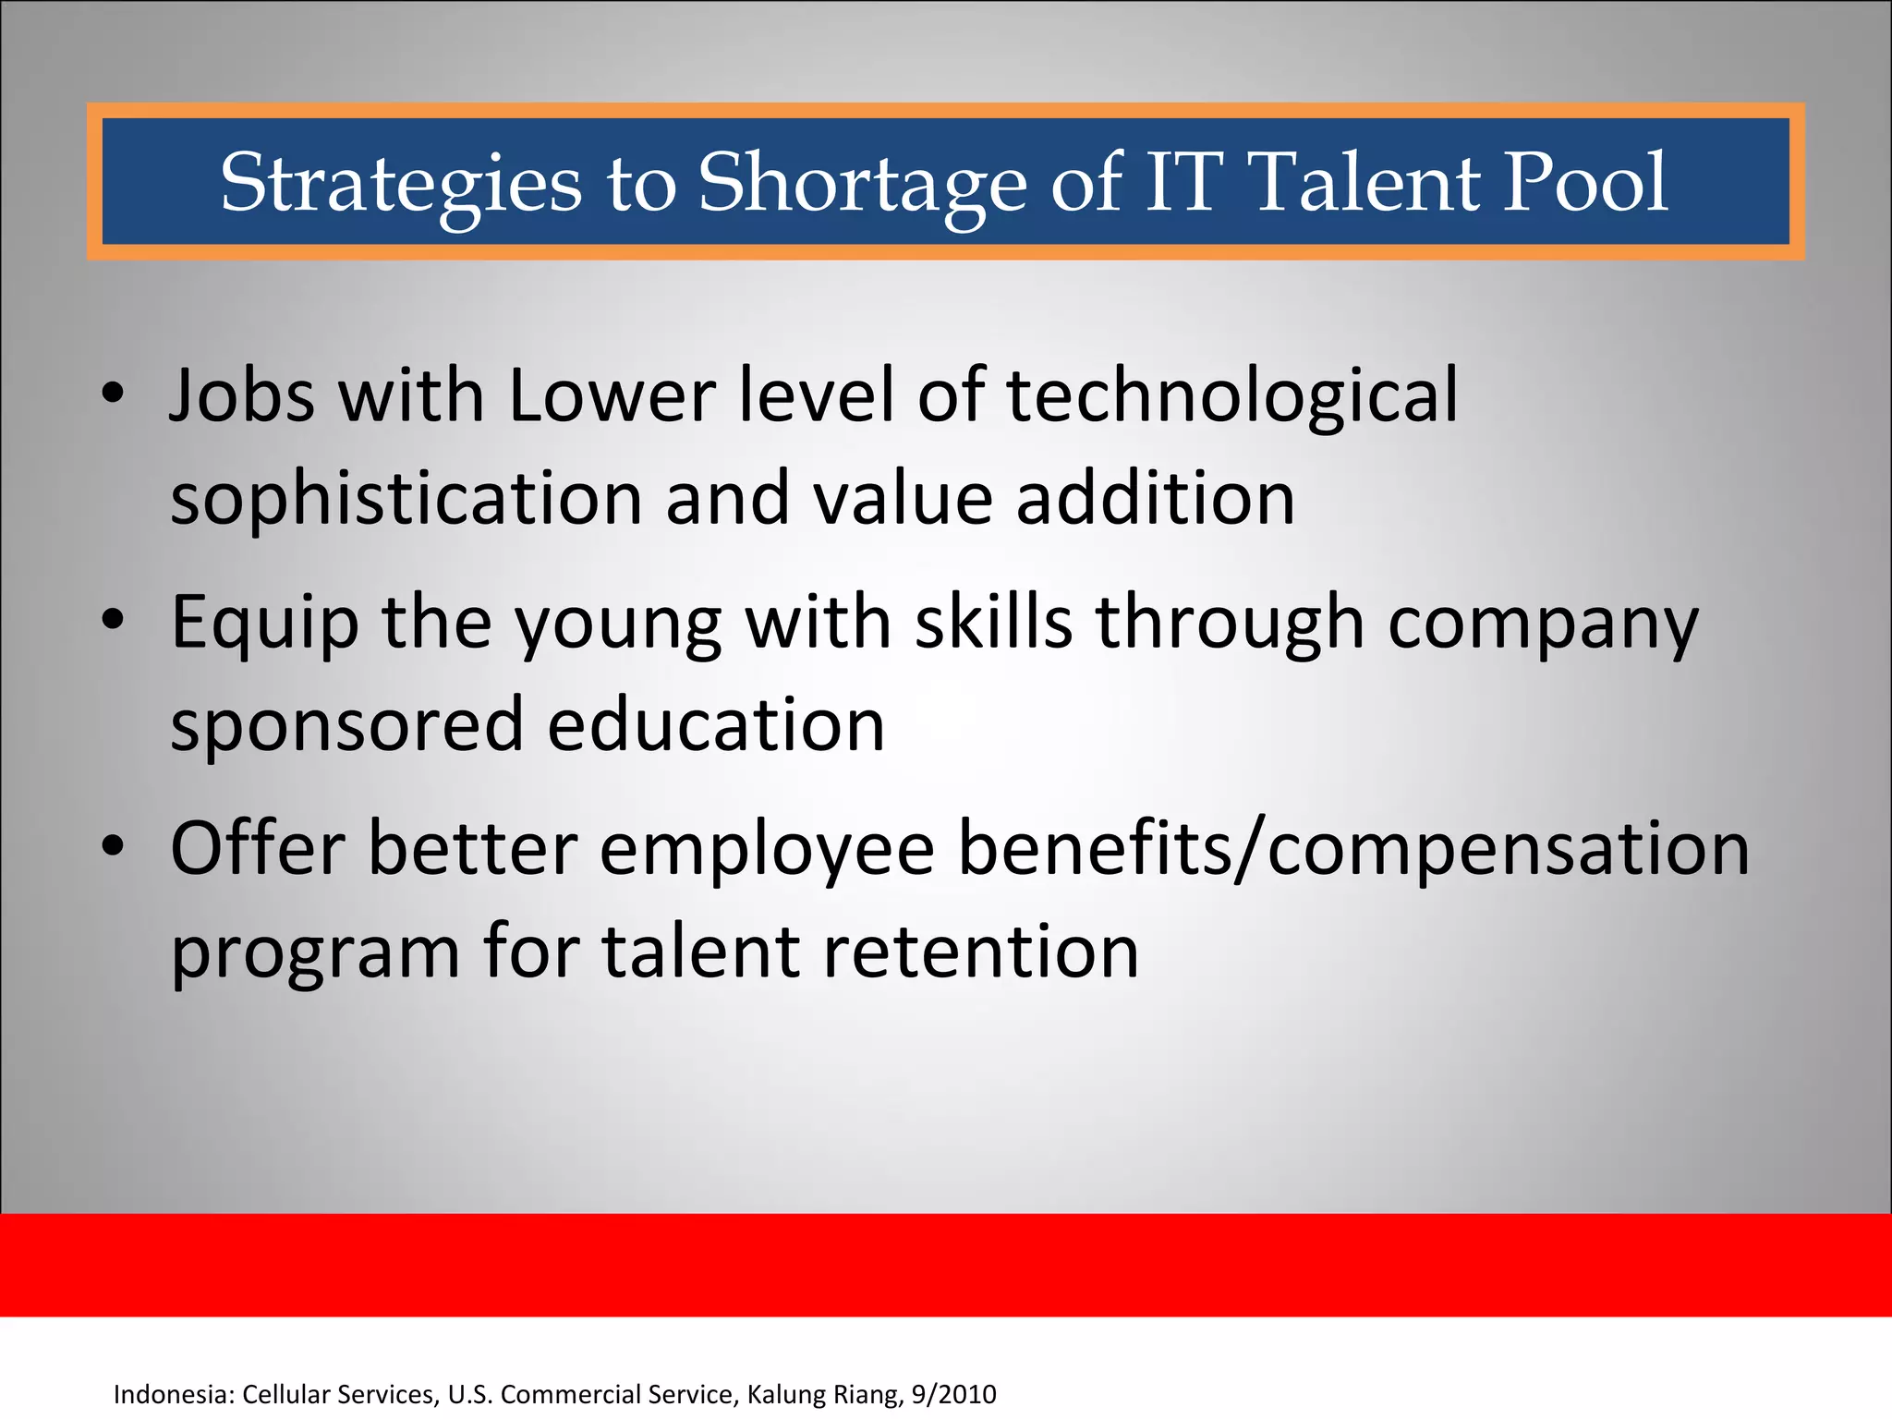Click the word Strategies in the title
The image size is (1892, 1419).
click(x=401, y=183)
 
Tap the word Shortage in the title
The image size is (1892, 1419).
click(x=861, y=183)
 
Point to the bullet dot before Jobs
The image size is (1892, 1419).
click(x=113, y=394)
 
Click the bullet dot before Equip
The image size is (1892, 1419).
click(x=113, y=621)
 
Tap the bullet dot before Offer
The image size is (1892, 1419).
click(x=113, y=847)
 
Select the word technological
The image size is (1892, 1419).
click(x=1231, y=395)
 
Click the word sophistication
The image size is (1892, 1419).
click(x=406, y=499)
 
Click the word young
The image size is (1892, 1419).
click(x=618, y=624)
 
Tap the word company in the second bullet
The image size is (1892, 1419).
click(x=1543, y=624)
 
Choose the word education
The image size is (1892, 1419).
click(x=716, y=725)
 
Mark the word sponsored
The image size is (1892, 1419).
click(x=346, y=725)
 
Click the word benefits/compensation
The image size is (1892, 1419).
click(x=1353, y=848)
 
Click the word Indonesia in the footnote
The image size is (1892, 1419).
click(x=173, y=1394)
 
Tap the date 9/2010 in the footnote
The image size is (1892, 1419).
click(x=953, y=1394)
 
